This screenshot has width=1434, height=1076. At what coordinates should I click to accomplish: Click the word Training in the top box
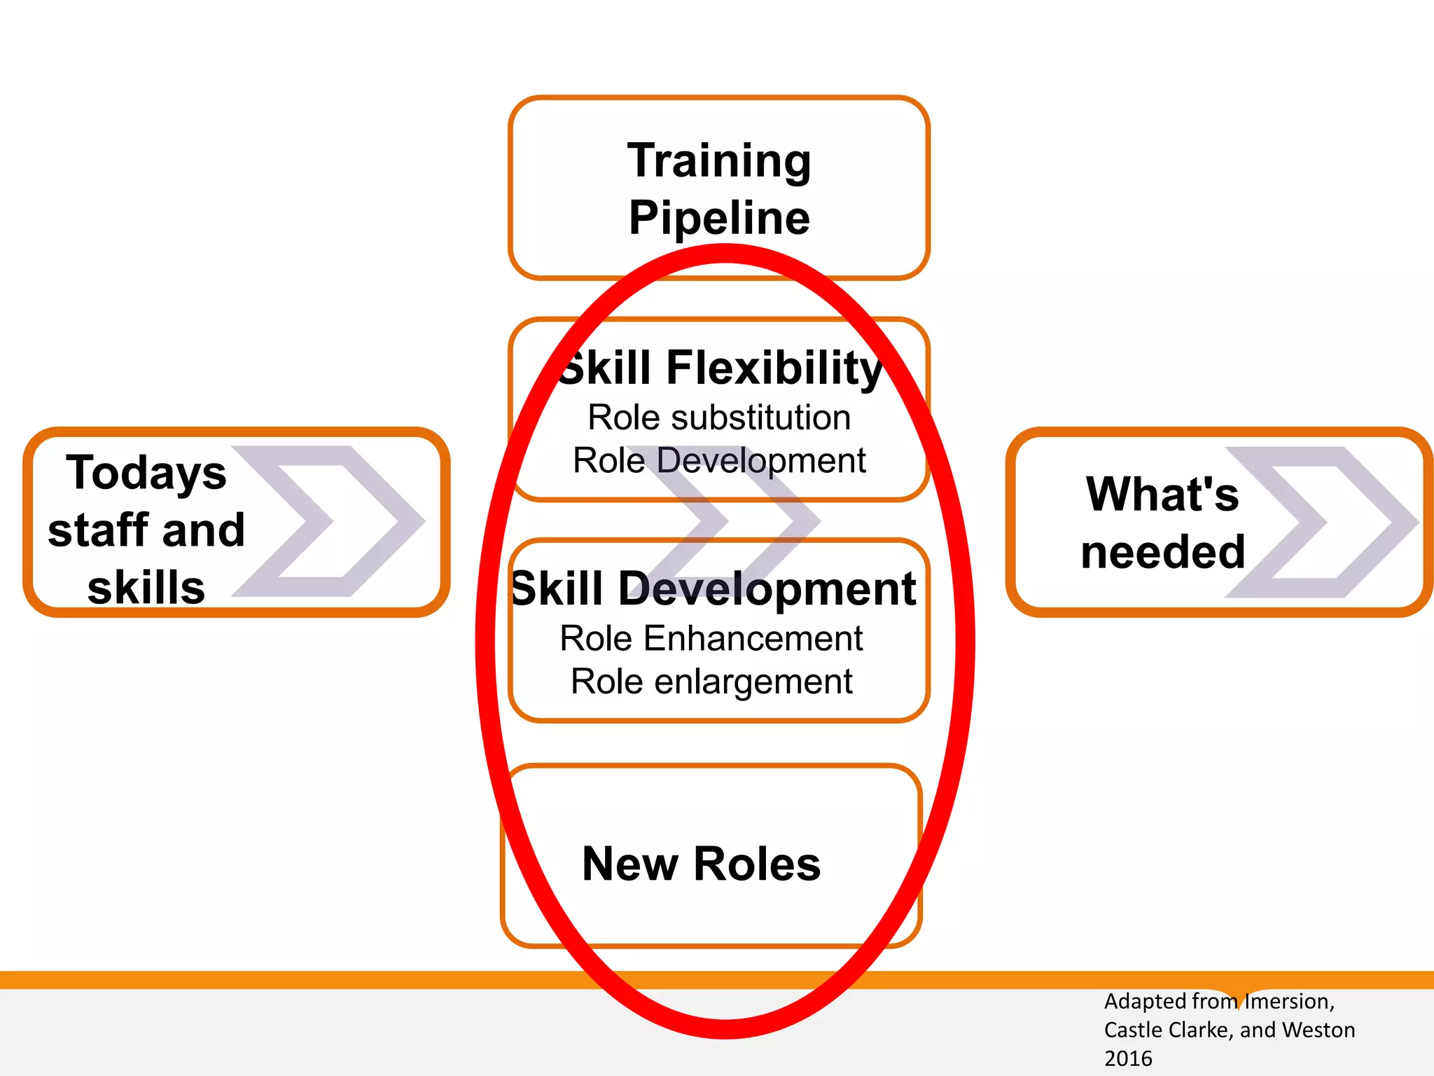719,161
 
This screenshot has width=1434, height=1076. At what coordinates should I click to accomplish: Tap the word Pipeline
719,218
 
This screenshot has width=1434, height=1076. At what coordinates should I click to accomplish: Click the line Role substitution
719,418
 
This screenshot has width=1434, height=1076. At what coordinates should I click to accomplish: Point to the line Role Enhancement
711,639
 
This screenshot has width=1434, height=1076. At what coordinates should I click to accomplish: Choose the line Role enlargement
711,682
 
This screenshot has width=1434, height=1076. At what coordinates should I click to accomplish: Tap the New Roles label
701,864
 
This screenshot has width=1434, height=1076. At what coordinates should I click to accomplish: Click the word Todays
146,473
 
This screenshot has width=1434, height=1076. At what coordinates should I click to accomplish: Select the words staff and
146,530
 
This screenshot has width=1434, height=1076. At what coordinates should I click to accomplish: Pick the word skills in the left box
146,587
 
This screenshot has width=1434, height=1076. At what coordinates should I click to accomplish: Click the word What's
1162,495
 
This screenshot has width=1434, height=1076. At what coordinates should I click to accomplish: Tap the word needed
1163,552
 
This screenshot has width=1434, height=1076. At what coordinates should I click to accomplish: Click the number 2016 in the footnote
1128,1058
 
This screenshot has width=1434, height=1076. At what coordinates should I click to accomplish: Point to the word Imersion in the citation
1288,1002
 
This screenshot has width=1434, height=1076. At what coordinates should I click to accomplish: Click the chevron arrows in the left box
329,521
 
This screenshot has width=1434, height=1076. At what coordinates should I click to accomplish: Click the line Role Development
719,461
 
